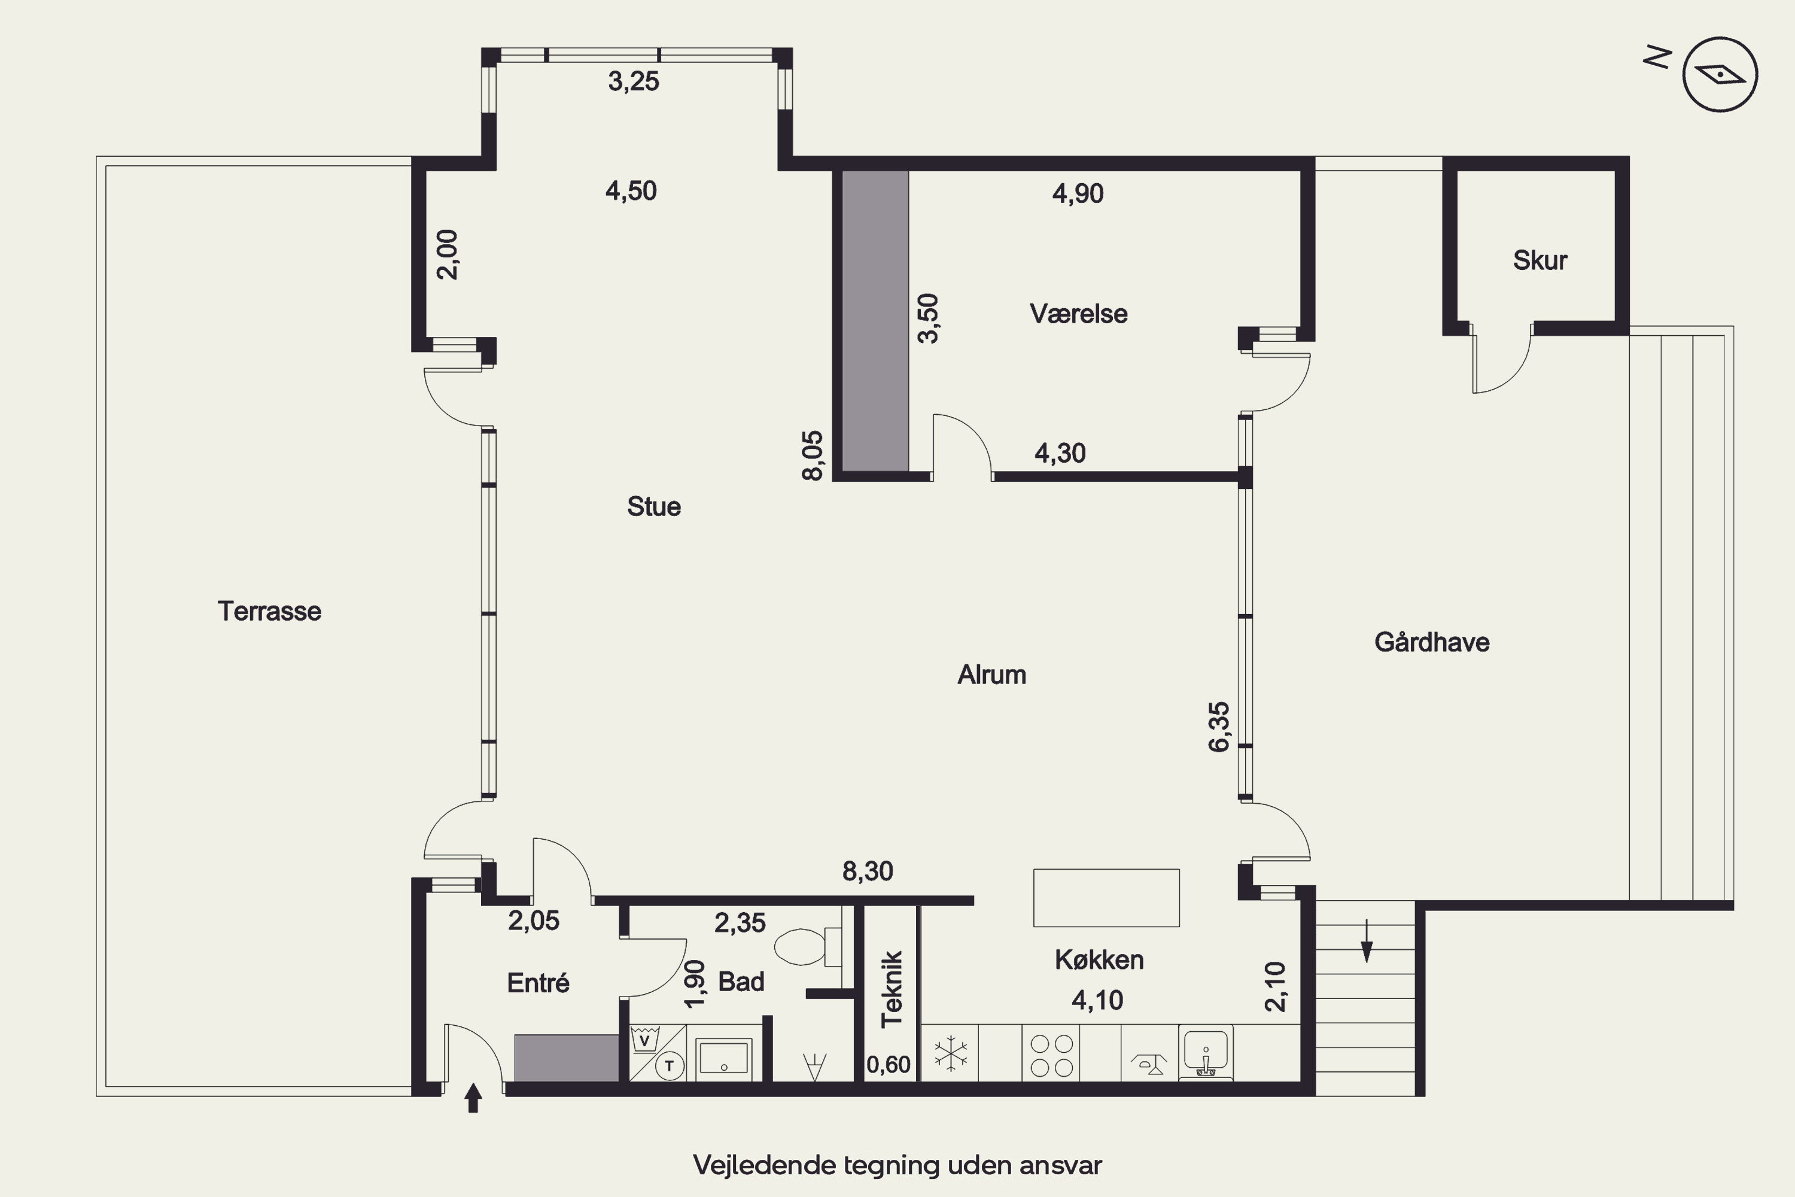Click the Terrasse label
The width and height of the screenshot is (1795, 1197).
coord(269,612)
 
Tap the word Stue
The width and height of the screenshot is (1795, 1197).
coord(654,507)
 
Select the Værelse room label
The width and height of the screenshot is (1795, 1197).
coord(1078,314)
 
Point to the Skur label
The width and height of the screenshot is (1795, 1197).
coord(1540,260)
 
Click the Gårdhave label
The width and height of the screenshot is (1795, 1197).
coord(1432,642)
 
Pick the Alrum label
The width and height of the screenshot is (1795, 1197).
coord(991,675)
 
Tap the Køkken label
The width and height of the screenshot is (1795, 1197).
coord(1099,959)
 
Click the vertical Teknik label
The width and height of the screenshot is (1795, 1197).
coord(892,989)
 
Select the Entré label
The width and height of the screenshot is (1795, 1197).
coord(538,983)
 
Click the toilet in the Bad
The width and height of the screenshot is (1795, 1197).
coord(807,947)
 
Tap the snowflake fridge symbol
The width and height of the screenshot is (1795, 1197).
coord(950,1053)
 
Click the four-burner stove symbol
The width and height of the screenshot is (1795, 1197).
coord(1052,1055)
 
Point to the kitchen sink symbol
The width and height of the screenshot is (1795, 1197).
coord(1206,1053)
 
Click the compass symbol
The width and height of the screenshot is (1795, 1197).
coord(1720,75)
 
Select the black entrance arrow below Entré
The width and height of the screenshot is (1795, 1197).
coord(473,1098)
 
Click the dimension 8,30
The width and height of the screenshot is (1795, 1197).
coord(868,871)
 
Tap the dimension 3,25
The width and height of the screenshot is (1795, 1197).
coord(634,81)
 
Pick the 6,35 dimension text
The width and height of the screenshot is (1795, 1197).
coord(1219,727)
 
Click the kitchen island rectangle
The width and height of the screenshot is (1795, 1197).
coord(1106,898)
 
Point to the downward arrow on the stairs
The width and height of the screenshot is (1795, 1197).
coord(1367,940)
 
